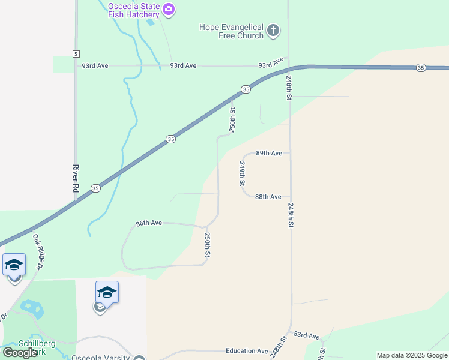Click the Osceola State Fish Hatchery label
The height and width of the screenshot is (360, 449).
click(134, 11)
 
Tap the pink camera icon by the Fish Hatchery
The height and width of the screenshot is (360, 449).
click(169, 8)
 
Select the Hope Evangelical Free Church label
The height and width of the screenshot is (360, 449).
click(232, 31)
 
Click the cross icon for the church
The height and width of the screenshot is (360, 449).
click(273, 30)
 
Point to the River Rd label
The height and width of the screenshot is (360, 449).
click(76, 178)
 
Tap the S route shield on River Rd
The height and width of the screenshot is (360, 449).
click(76, 54)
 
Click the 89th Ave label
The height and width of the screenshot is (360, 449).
click(268, 153)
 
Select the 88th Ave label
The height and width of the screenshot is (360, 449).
click(268, 197)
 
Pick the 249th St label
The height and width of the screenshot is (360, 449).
click(242, 173)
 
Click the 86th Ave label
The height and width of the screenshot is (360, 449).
click(149, 223)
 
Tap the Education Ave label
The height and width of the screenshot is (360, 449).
click(247, 351)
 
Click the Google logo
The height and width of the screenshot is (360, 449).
click(20, 353)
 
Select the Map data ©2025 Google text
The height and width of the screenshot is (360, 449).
click(412, 355)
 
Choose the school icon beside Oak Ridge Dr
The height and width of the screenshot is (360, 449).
click(14, 265)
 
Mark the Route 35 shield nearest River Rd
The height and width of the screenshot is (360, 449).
click(95, 188)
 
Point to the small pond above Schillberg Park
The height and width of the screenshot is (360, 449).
click(31, 308)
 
